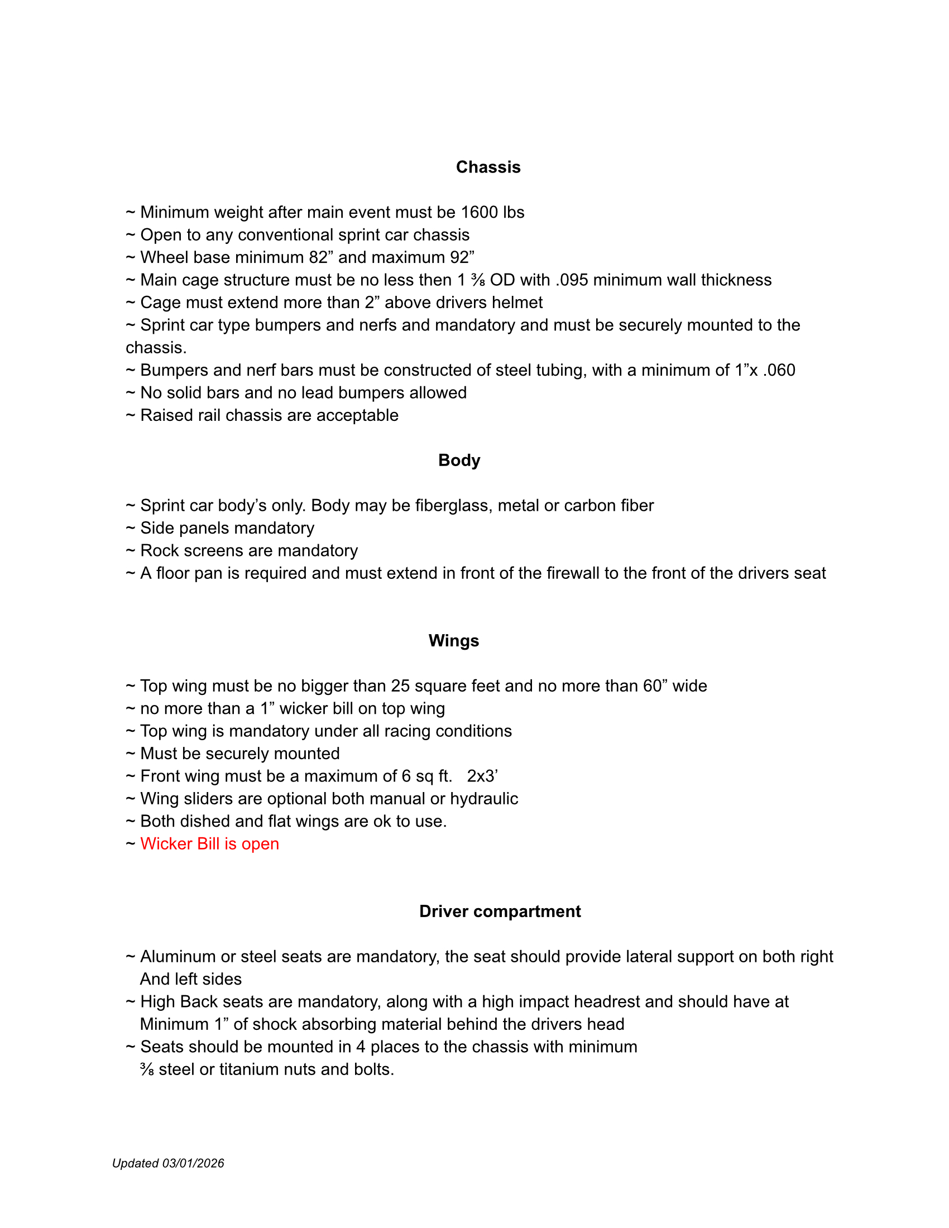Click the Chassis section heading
(x=488, y=167)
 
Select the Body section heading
(x=459, y=460)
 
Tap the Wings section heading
(x=453, y=640)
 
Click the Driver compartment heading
(x=500, y=911)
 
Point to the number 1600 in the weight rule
(x=479, y=212)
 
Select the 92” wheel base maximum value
(x=462, y=257)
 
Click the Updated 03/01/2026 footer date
(x=168, y=1163)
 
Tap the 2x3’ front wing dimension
(x=482, y=776)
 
